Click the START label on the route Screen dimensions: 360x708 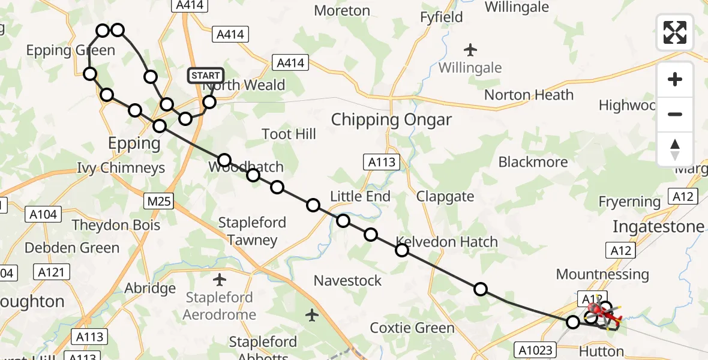[206, 76]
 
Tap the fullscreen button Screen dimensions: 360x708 [675, 32]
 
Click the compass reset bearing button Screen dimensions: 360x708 [675, 149]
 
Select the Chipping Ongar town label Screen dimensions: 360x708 [391, 119]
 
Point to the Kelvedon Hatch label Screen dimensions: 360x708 [454, 242]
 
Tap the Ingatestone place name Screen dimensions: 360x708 [658, 226]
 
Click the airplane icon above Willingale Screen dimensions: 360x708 [470, 49]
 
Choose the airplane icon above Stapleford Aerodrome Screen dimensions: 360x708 [220, 279]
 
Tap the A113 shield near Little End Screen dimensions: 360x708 [380, 161]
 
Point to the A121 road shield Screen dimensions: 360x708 [50, 272]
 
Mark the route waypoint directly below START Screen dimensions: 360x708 [209, 102]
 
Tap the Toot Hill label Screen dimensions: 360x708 [289, 133]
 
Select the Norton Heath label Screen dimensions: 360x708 [529, 95]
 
